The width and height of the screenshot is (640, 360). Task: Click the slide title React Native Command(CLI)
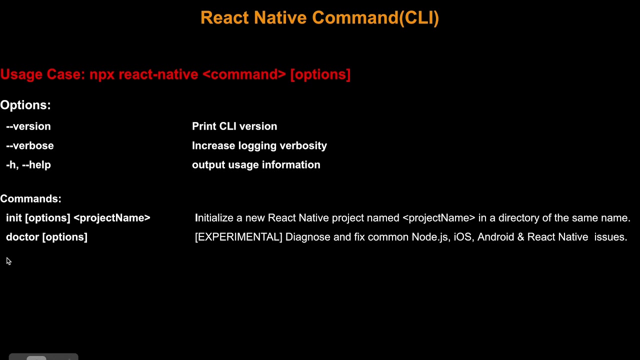pos(319,18)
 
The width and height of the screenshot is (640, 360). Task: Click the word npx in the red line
pos(102,74)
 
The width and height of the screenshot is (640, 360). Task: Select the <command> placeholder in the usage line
pos(244,74)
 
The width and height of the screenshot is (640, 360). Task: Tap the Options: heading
pos(25,105)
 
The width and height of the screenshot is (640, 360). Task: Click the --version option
pos(28,126)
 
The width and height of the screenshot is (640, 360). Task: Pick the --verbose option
pos(30,145)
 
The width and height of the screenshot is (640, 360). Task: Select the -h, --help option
pos(28,165)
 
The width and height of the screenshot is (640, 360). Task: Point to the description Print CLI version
pos(234,126)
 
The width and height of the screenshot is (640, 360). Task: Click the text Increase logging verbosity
pos(259,145)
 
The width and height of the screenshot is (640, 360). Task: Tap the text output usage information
pos(256,165)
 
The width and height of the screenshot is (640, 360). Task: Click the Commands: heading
pos(30,199)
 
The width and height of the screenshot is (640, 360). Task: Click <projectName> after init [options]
pos(112,218)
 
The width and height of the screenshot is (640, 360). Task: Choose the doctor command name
pos(22,237)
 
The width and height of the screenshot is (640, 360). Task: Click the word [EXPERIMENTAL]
pos(238,237)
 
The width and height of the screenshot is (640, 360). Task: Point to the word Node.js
pos(429,237)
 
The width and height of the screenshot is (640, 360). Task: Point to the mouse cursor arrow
pos(8,261)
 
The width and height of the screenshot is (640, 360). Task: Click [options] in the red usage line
pos(320,74)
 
